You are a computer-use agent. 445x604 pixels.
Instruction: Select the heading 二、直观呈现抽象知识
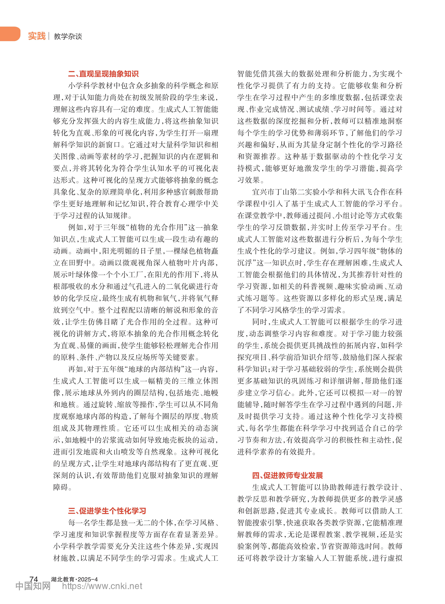coord(103,74)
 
